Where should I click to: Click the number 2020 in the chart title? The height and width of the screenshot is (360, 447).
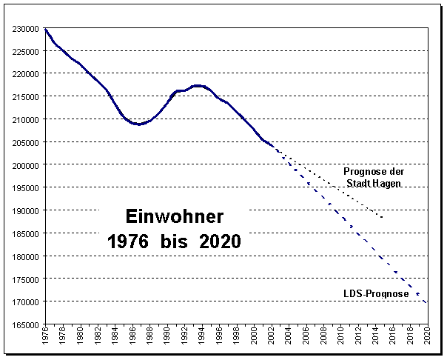point(220,241)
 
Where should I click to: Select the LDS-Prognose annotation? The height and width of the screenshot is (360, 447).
point(376,294)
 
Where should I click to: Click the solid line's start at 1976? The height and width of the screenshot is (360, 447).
point(45,29)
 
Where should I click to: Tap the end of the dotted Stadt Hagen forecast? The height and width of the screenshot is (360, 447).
point(383,218)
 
